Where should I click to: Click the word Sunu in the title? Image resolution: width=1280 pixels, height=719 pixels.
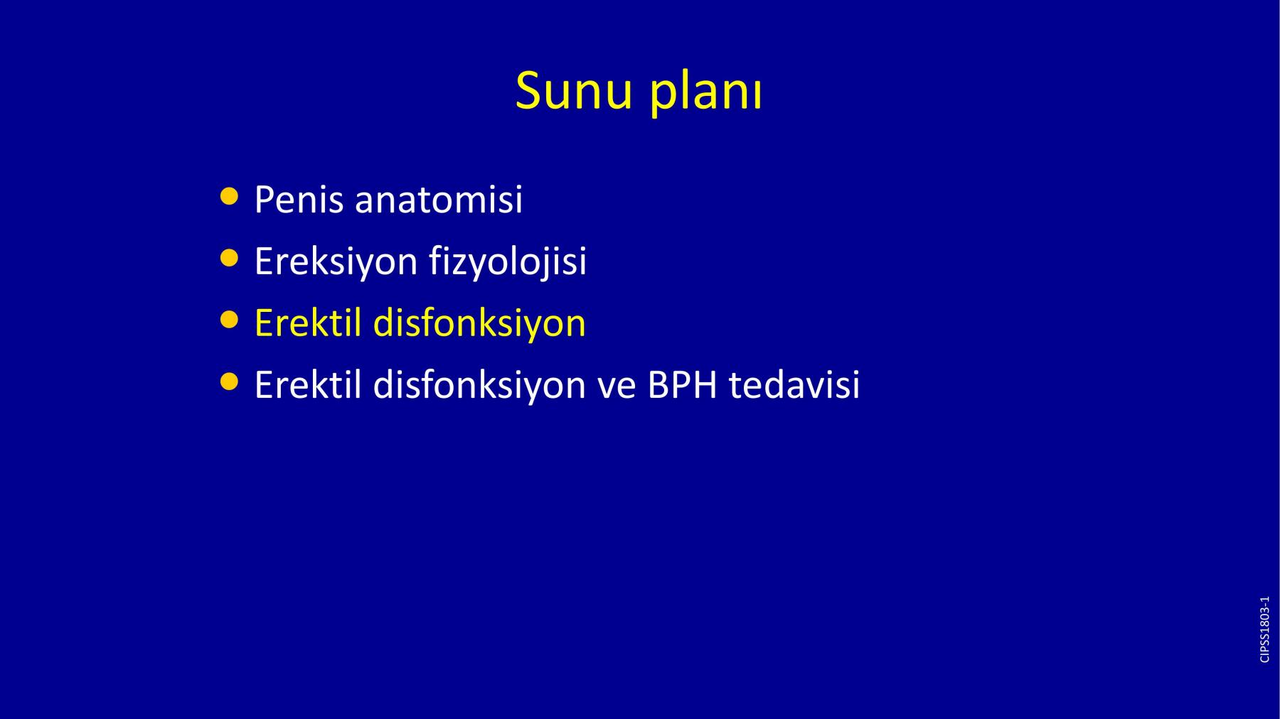(x=573, y=91)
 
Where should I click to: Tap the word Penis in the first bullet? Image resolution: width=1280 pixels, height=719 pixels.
(x=299, y=199)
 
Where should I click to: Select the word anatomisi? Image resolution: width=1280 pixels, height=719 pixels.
(x=439, y=199)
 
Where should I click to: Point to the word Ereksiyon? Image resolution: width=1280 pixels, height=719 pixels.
(x=336, y=262)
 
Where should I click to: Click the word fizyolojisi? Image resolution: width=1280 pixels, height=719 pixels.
(x=508, y=262)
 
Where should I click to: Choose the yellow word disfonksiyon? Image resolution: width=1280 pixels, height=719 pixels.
(x=479, y=324)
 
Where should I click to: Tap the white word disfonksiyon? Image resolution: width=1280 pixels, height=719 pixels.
(x=479, y=386)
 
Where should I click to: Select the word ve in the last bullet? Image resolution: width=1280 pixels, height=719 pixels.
(x=617, y=389)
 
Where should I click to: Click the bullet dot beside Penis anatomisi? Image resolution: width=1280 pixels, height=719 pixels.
(x=229, y=196)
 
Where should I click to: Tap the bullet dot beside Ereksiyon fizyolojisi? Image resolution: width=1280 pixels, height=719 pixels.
(x=229, y=258)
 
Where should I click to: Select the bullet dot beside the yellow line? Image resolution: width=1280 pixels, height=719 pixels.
(x=229, y=320)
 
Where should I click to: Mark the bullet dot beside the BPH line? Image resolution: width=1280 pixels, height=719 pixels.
(x=229, y=382)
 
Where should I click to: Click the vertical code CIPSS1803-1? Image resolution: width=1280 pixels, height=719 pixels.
(x=1264, y=629)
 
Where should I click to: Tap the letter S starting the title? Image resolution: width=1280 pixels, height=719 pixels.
(x=528, y=91)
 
